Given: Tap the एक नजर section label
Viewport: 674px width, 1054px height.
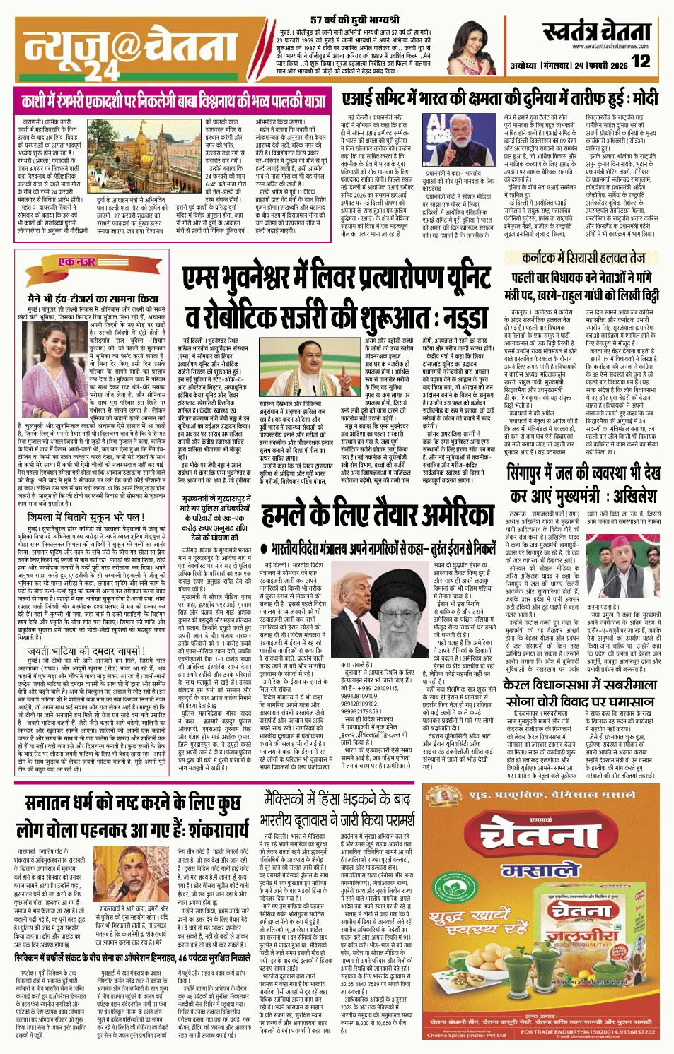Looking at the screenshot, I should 76,262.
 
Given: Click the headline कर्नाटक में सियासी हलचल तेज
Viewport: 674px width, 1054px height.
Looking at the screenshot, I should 583,259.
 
